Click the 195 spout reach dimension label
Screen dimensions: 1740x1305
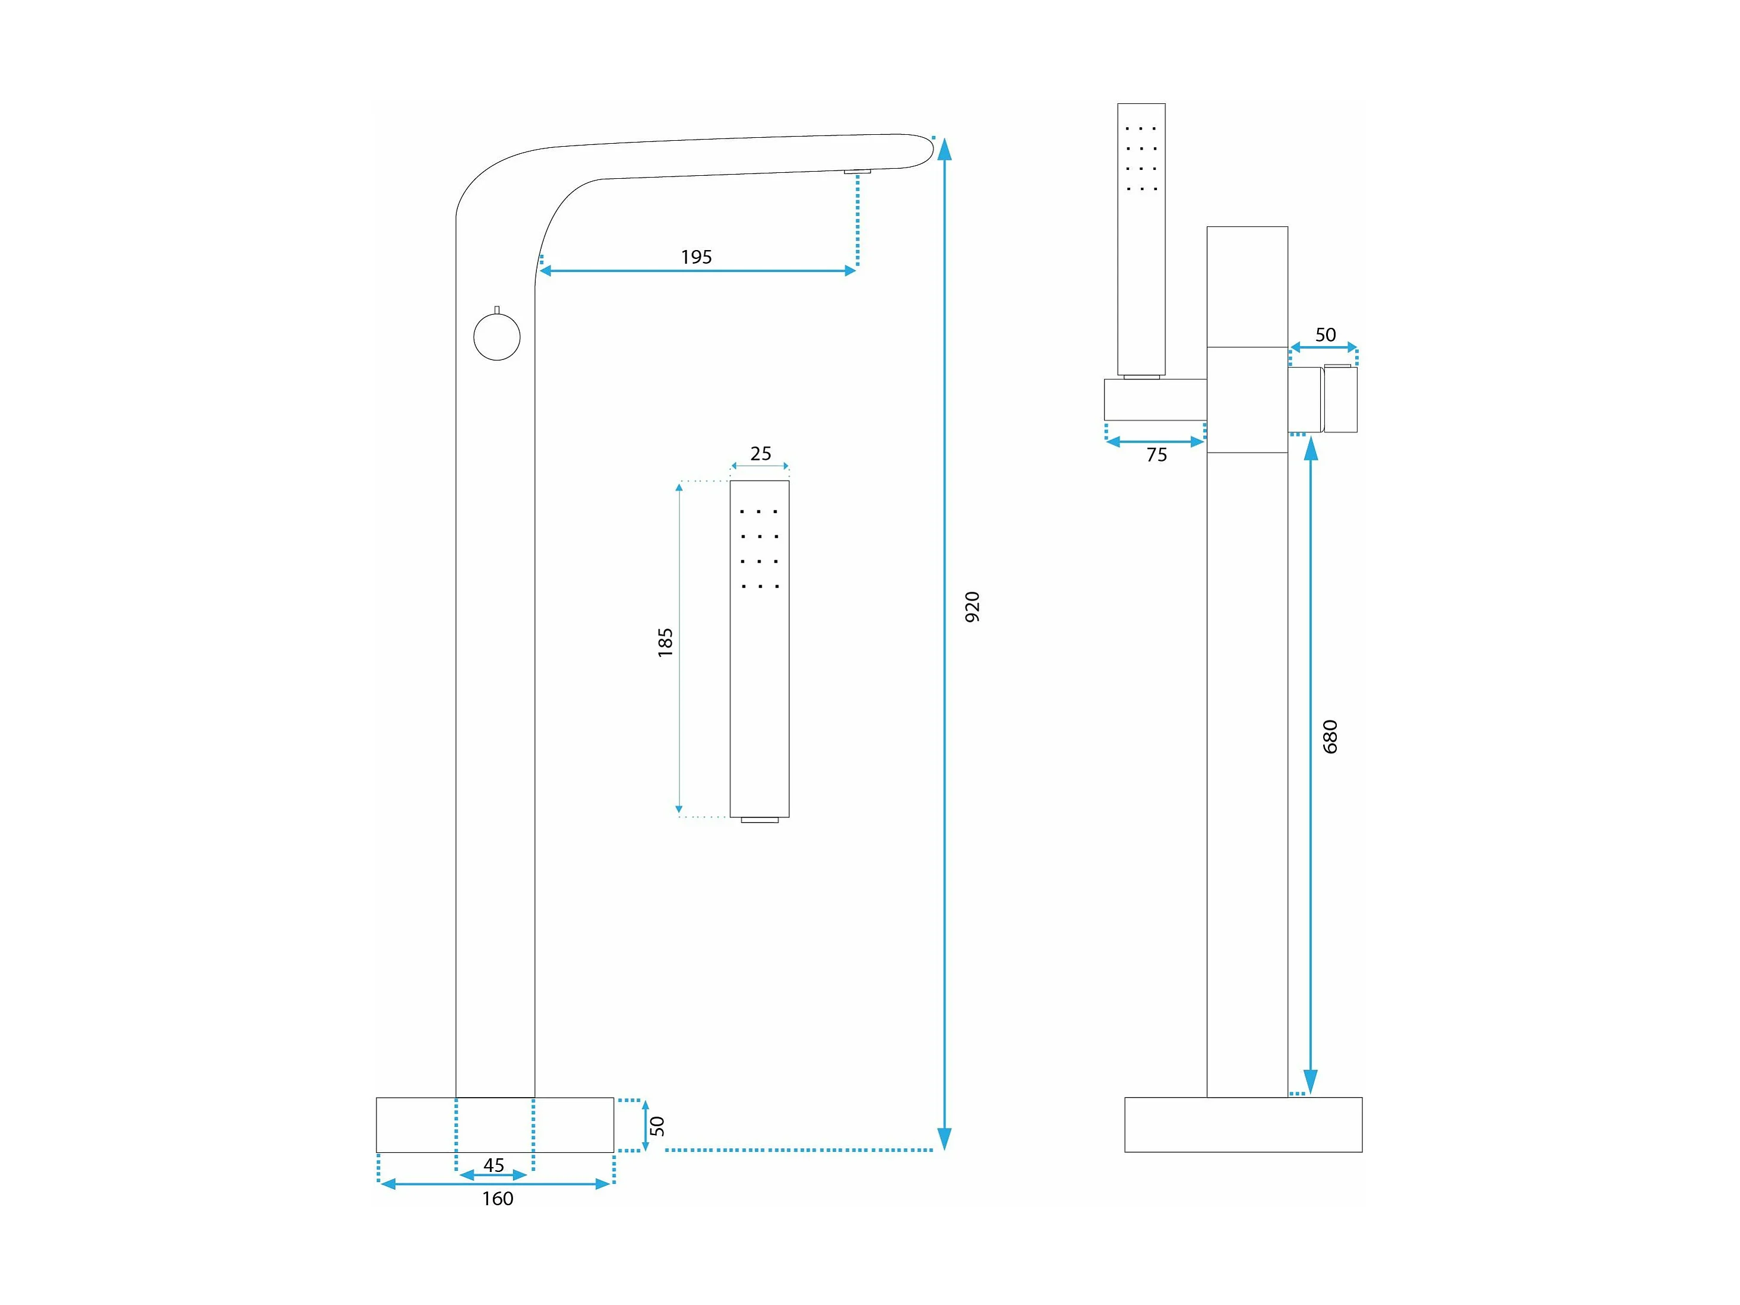[696, 257]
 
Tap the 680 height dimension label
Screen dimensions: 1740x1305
[1330, 737]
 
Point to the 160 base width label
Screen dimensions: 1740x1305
[497, 1198]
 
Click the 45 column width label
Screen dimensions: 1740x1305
[493, 1165]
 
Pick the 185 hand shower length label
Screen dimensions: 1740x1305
[666, 642]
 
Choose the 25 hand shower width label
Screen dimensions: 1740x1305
[761, 453]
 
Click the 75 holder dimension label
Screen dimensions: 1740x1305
[1156, 454]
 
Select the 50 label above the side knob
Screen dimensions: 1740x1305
[1325, 334]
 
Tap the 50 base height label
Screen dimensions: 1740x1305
[657, 1126]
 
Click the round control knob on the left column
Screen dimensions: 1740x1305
[497, 337]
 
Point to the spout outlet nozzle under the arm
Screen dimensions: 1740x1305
[858, 170]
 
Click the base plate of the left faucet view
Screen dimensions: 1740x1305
[495, 1125]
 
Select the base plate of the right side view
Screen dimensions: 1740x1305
[1243, 1125]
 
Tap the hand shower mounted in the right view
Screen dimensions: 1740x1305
[1141, 240]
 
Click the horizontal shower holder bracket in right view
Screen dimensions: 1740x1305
[1156, 400]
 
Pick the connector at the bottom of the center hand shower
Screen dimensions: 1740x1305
[760, 820]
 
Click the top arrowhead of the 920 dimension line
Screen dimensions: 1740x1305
[945, 148]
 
